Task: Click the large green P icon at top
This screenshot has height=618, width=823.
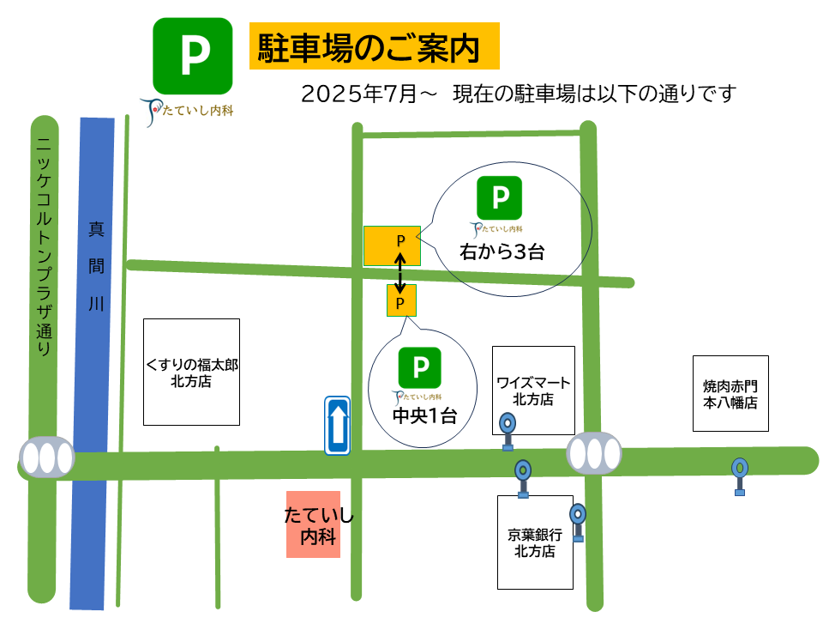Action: [x=193, y=56]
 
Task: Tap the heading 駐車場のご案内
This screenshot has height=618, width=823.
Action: [x=374, y=46]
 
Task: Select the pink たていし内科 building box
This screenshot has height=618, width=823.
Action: [x=313, y=524]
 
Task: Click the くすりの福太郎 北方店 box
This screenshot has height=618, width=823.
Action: [x=191, y=372]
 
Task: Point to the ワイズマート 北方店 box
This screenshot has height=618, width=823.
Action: [x=533, y=390]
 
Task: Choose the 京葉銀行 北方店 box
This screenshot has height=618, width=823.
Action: [x=535, y=542]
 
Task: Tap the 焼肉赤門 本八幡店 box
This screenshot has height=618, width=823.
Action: [x=730, y=393]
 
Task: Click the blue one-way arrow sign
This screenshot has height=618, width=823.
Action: [x=338, y=425]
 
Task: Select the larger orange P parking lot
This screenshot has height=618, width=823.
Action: [x=393, y=245]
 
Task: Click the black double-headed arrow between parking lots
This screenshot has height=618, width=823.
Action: [x=399, y=271]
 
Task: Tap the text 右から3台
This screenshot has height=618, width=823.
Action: [x=502, y=252]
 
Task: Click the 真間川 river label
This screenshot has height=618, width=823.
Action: [x=96, y=266]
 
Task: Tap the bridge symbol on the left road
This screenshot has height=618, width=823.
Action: [x=47, y=457]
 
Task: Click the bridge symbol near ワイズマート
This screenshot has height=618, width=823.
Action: [x=594, y=452]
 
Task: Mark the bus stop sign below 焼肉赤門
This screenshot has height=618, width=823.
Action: [x=740, y=475]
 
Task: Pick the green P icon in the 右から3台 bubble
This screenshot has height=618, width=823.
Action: [x=499, y=197]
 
